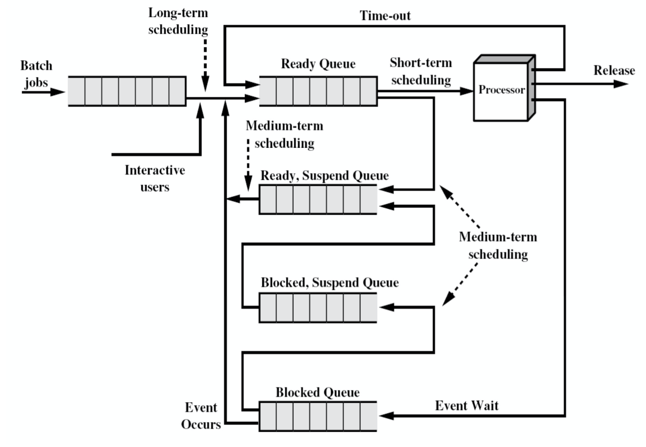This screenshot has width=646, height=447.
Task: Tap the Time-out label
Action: pos(385,16)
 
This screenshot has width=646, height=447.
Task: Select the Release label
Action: pos(614,70)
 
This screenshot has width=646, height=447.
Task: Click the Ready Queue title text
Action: pos(318,64)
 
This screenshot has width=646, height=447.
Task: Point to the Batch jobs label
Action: pos(36,74)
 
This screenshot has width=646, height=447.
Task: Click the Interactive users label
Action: pos(155,179)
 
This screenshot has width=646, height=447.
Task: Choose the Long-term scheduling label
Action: pos(178,21)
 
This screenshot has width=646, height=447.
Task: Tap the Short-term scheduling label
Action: pos(421,71)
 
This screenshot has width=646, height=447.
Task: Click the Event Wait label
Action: pos(467,406)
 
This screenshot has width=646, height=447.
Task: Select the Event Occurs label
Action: pos(201,416)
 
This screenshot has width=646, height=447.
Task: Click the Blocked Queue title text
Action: pos(317,392)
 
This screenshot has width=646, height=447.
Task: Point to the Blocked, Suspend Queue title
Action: pos(330,282)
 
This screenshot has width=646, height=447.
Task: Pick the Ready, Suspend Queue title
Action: pos(324,175)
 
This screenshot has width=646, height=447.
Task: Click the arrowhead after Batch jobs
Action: pos(58,92)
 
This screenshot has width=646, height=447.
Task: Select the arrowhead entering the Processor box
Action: pos(466,91)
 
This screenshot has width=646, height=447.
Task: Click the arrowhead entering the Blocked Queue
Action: pos(386,416)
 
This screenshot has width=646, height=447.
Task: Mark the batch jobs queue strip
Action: pos(127,91)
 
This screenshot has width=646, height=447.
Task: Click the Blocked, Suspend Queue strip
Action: pos(318,308)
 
